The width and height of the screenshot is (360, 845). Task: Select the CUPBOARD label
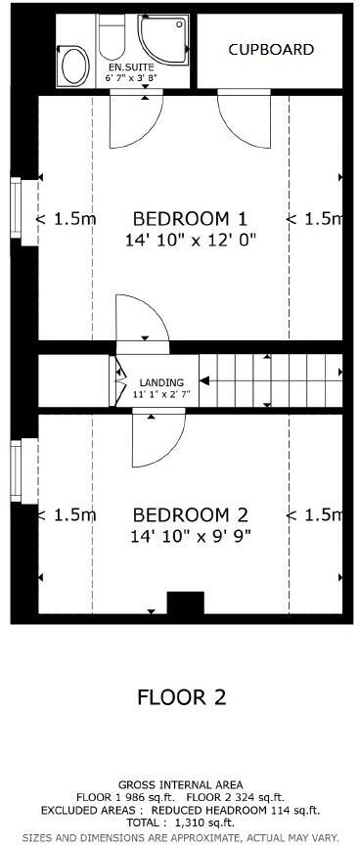271,49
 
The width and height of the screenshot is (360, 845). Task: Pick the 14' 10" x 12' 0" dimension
191,240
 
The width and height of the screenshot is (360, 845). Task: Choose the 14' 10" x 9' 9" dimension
191,536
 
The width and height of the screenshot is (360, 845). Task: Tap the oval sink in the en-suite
73,68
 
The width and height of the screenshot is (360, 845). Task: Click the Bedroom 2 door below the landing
157,440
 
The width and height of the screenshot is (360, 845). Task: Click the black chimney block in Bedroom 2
185,604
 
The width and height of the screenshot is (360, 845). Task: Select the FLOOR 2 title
181,697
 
